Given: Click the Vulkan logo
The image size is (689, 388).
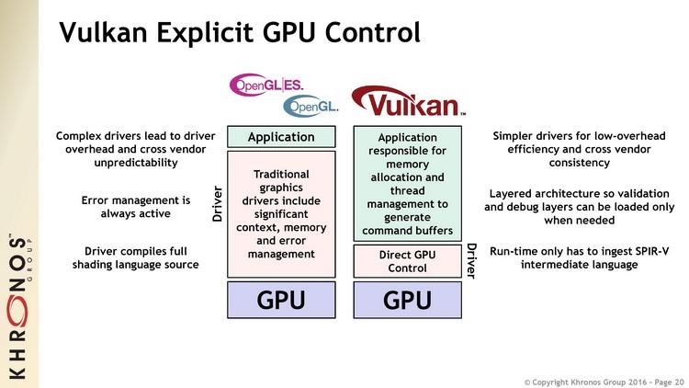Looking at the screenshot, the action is point(408,102).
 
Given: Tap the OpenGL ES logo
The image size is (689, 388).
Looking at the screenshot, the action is point(266,85).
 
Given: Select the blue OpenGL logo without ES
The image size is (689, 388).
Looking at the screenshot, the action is point(311,106).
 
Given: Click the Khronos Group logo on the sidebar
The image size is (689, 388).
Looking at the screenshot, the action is point(18,306).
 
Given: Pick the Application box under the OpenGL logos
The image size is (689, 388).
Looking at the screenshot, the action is point(281,137).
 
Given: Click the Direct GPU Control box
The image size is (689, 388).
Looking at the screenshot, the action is point(407,261).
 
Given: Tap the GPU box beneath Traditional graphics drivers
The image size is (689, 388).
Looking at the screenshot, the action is point(281,300).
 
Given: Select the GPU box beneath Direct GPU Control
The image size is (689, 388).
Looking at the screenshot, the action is point(407,300).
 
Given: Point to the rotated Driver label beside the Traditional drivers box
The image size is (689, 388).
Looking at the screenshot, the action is point(217,204).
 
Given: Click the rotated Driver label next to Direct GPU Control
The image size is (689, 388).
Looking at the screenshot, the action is point(471,261).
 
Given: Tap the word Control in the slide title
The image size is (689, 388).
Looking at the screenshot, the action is point(372,32).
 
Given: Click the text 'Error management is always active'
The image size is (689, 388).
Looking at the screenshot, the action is point(136,207).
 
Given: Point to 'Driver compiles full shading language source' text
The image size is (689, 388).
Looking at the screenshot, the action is point(136,257).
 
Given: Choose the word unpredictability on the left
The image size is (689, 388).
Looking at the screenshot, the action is point(136,163).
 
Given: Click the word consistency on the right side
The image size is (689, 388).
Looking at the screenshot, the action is point(579,163).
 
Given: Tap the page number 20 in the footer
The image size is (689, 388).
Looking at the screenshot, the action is point(679,382).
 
